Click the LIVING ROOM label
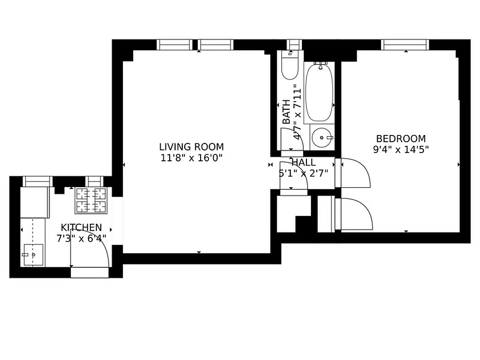point(191,147)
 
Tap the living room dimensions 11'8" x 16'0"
point(191,158)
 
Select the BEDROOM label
point(400,139)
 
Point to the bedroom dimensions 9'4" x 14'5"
point(400,149)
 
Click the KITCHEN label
point(81,228)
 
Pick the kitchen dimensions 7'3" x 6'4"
point(81,238)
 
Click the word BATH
point(286,112)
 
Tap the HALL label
point(304,162)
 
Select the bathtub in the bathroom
point(319,92)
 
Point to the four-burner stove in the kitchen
point(91,200)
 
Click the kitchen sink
point(33,255)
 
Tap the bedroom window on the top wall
point(405,45)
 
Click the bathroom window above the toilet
point(294,44)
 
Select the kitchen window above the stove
point(94,181)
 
